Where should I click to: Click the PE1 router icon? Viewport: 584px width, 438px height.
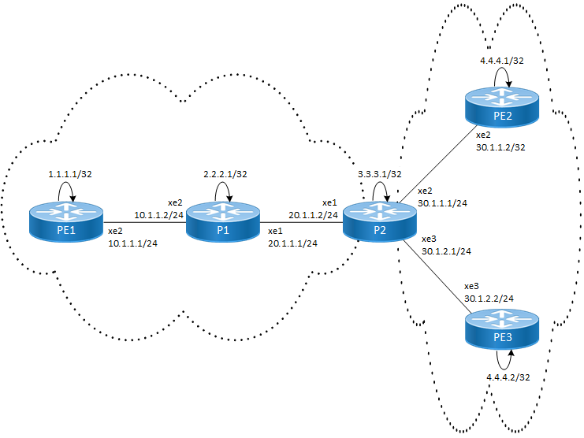(x=66, y=221)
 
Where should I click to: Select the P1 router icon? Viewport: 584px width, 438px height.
(x=223, y=221)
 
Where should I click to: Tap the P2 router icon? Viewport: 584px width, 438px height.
(x=380, y=221)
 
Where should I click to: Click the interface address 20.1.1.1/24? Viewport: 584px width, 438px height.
(x=292, y=243)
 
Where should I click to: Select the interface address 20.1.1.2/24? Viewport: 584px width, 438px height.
(x=314, y=214)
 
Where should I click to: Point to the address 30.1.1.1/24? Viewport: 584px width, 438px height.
(x=444, y=202)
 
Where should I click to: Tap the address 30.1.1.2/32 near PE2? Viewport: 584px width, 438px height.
(x=501, y=146)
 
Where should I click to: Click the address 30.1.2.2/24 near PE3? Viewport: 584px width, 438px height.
(x=489, y=299)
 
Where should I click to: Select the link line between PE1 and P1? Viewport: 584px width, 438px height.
(x=144, y=221)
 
